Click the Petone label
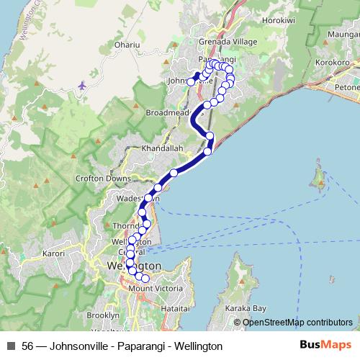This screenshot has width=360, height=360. [x=346, y=88]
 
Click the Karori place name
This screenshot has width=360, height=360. [x=53, y=253]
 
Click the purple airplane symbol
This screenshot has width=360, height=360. [x=81, y=86]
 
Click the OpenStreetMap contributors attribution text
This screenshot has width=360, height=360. [x=297, y=323]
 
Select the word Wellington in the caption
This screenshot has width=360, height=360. [x=197, y=346]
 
